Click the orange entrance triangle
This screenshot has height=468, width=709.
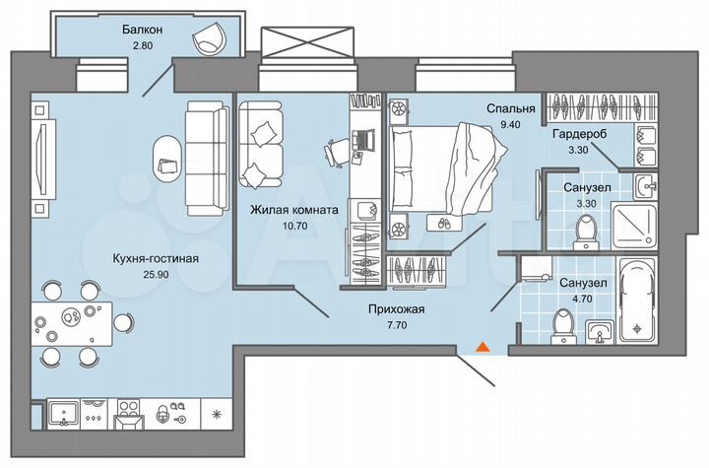click(x=483, y=347)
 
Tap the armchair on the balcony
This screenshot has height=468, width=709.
click(x=209, y=38)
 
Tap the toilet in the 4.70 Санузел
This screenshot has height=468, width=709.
click(x=564, y=321)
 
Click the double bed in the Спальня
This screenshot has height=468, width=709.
click(x=444, y=167)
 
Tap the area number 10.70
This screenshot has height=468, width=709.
click(x=291, y=226)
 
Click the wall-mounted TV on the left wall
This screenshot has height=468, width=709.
click(x=39, y=149)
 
